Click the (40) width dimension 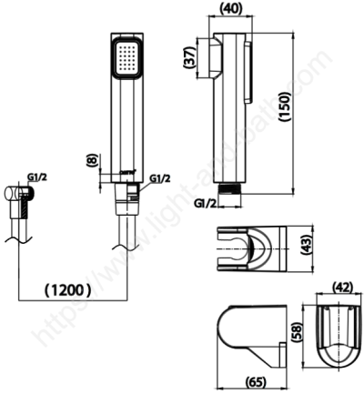[233, 10]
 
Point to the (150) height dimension [309, 109]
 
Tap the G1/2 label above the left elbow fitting [35, 178]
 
